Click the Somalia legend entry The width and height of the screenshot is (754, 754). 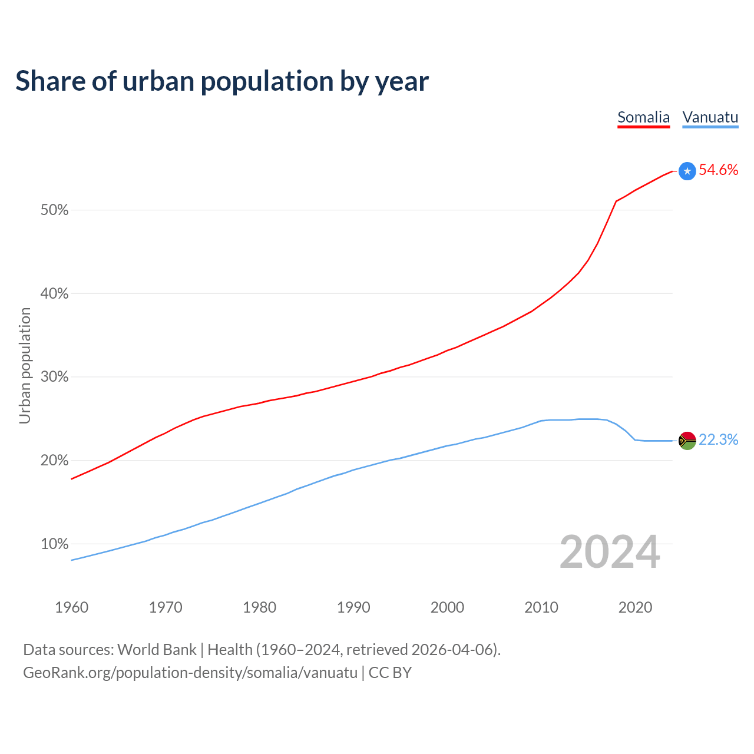tap(643, 117)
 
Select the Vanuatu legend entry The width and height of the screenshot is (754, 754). tap(710, 117)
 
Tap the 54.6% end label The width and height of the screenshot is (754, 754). tap(718, 170)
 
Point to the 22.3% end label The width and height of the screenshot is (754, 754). tap(718, 440)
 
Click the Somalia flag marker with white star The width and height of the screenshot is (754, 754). tap(687, 171)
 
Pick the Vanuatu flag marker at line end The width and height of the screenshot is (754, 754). tap(687, 441)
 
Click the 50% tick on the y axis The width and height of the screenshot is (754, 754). tap(54, 210)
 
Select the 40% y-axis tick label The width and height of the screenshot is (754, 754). tap(54, 294)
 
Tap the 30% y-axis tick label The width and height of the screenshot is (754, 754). tap(54, 377)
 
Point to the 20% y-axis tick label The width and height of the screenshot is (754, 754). tap(54, 461)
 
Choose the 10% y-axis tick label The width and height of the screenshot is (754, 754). tap(54, 544)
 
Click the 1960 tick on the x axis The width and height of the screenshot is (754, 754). tap(71, 607)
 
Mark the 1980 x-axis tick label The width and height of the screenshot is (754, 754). tap(259, 607)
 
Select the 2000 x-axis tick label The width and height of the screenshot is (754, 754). tap(447, 607)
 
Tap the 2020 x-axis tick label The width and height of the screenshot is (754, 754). tap(635, 607)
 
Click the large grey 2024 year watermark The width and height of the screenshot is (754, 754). tap(610, 552)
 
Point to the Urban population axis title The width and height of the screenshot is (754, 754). tap(25, 365)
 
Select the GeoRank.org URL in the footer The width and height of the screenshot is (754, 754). tap(190, 673)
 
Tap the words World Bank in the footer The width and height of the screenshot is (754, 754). tap(157, 650)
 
